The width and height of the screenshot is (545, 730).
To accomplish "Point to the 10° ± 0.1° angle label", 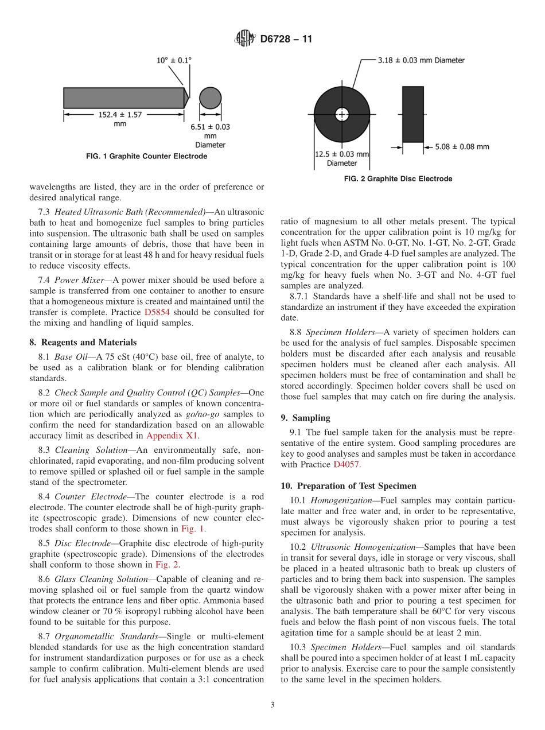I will [174, 60].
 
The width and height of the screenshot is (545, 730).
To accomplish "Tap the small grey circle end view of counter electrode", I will [210, 98].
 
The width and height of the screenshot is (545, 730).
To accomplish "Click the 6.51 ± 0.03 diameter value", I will [210, 127].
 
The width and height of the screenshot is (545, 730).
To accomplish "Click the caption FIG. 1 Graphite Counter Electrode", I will [146, 156].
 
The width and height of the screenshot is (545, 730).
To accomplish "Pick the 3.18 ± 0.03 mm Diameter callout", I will [421, 60].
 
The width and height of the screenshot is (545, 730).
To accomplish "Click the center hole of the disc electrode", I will [342, 114].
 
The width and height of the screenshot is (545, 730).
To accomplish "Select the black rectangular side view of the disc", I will [412, 114].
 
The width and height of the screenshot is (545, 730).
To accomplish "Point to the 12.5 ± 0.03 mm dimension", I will [342, 154].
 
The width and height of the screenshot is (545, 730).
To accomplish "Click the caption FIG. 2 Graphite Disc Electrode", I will [398, 179].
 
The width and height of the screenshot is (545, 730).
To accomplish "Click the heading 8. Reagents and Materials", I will [83, 342].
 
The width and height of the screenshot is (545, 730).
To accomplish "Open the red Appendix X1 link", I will [172, 435].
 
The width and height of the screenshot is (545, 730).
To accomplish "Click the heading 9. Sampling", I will [306, 418].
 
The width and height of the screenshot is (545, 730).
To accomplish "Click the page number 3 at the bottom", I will [272, 705].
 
